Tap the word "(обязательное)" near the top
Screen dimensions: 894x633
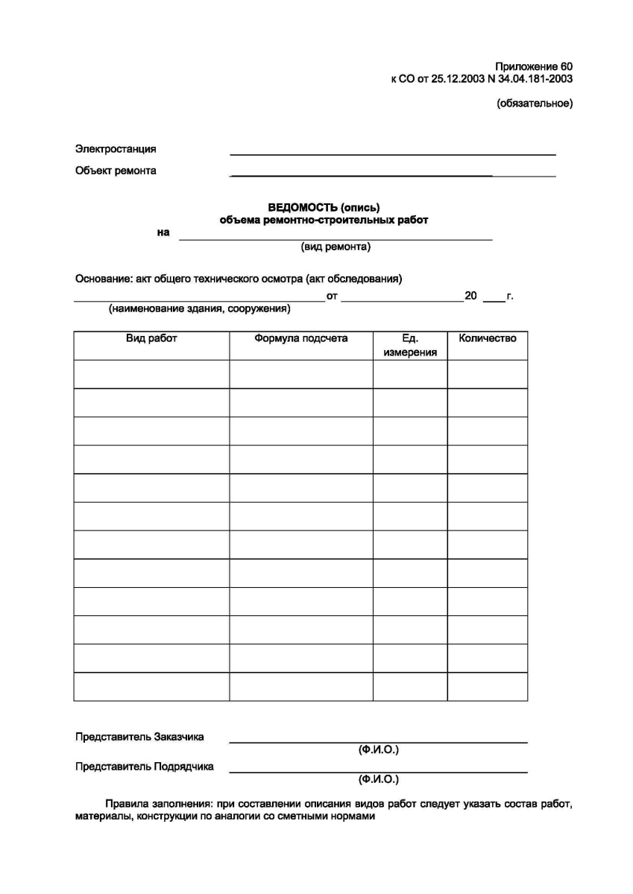[x=535, y=104]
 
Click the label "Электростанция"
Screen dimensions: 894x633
[x=116, y=149]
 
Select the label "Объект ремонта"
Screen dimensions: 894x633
[x=116, y=171]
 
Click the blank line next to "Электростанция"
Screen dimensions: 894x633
[x=393, y=153]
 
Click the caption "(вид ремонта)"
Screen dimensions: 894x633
[x=336, y=247]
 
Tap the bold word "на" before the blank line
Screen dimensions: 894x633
[x=163, y=232]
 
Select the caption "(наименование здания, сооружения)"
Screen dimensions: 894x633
[x=199, y=308]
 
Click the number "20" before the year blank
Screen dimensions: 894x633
[x=470, y=296]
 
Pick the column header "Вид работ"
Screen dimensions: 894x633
[x=151, y=338]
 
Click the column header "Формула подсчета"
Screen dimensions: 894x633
[x=301, y=338]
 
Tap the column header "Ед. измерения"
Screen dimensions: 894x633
[x=410, y=345]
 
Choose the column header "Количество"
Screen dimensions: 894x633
[x=488, y=338]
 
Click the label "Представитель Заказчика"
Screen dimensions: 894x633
[x=139, y=738]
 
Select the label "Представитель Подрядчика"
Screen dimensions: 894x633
[x=145, y=766]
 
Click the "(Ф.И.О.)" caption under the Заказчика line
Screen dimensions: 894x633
[x=379, y=749]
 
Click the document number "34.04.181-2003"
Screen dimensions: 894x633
[x=536, y=78]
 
